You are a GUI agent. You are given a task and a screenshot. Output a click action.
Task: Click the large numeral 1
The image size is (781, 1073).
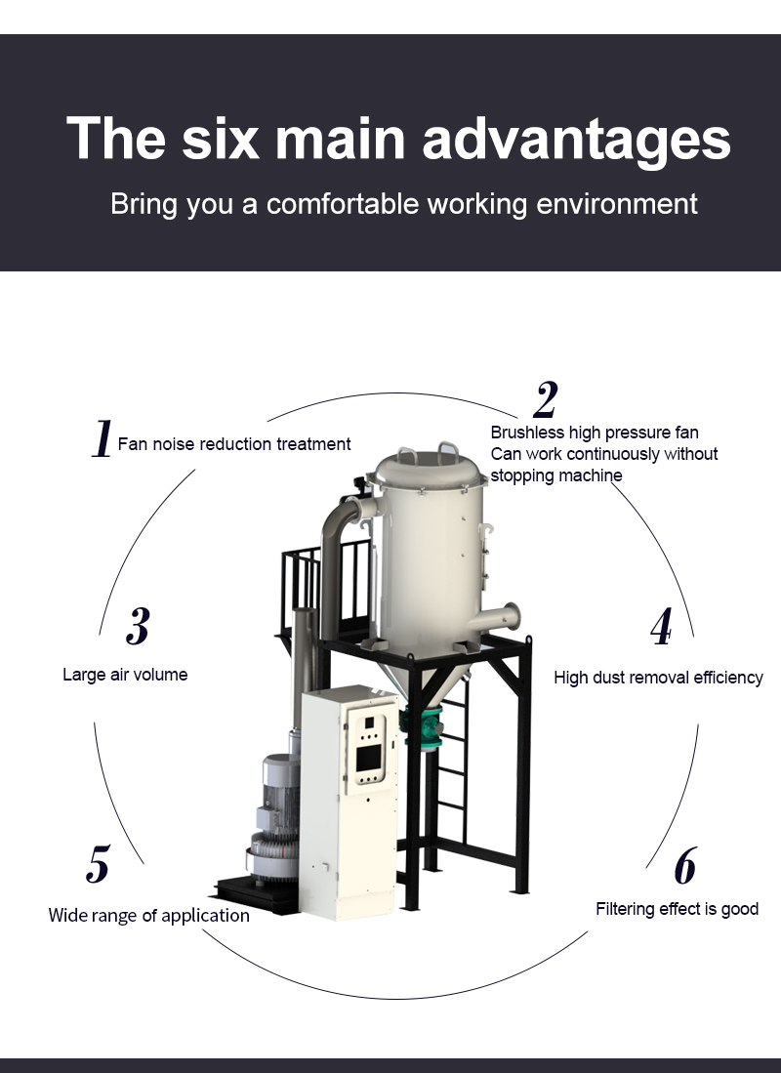[102, 438]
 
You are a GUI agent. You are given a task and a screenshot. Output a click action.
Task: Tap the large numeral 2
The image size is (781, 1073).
[546, 399]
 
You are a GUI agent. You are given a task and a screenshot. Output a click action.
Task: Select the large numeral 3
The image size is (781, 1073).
[138, 626]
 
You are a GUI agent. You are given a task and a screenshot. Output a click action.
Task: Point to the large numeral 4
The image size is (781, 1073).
[661, 626]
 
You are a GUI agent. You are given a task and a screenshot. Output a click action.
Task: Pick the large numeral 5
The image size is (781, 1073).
[98, 864]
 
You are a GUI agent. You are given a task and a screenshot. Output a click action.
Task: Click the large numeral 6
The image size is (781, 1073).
[685, 866]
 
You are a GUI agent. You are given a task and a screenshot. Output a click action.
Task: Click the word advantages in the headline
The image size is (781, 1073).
[576, 139]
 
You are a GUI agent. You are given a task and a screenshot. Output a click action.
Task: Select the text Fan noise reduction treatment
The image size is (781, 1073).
[234, 444]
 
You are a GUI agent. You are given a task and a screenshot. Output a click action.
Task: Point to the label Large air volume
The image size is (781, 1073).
[125, 675]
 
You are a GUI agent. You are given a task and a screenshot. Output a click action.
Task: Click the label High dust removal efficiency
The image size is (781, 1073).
[658, 678]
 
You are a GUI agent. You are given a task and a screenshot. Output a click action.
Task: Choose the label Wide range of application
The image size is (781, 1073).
[149, 916]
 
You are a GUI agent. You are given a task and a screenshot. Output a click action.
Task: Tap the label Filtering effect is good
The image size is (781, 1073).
[677, 909]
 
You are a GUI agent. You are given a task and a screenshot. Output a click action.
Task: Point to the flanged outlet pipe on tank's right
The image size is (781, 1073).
[499, 617]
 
